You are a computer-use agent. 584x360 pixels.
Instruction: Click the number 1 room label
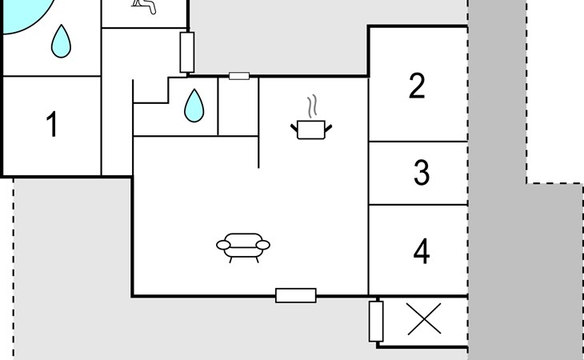pos(52,126)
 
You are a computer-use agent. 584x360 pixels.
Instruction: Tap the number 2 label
pos(416,86)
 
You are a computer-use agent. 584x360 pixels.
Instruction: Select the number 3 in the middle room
pos(421,173)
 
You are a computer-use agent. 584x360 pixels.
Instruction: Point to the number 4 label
pos(421,251)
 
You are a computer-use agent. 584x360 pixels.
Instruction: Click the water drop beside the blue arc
pos(60,42)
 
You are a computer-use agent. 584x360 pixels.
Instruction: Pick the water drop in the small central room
pos(193,106)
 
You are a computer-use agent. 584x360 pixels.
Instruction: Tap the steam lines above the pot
pos(313,106)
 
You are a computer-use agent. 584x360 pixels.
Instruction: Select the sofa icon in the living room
pos(243,246)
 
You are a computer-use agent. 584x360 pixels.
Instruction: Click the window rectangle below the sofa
pos(296,295)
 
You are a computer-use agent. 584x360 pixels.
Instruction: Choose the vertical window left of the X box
pos(376,322)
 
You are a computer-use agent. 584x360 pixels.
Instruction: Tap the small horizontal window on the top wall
pos(239,76)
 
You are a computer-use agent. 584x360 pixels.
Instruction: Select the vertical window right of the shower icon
pos(187,52)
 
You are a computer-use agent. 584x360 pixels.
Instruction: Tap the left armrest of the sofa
pos(223,245)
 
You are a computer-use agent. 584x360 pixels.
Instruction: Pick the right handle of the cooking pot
pos(329,126)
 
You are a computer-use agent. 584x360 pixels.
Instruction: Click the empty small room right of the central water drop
pos(238,107)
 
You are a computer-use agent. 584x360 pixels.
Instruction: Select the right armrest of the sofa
pos(263,245)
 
